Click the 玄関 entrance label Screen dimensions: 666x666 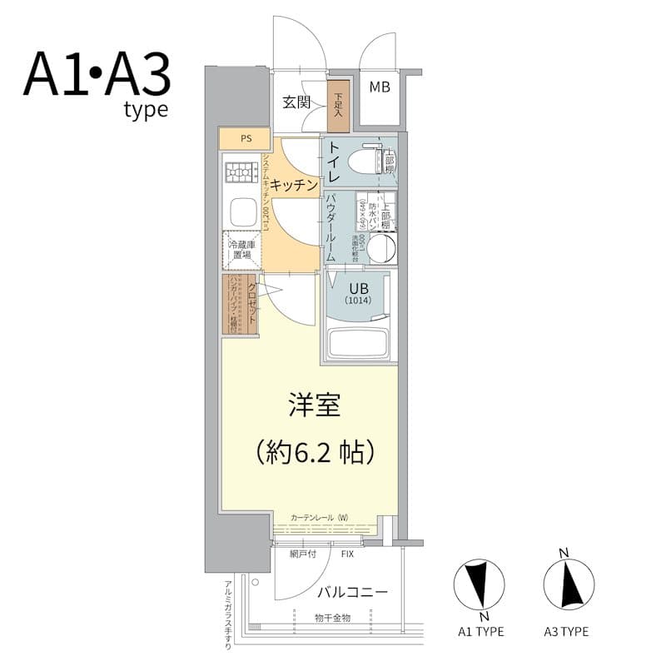(296, 102)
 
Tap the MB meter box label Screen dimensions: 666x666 (379, 87)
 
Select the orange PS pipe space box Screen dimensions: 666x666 (245, 138)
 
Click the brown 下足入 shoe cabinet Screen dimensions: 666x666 (338, 105)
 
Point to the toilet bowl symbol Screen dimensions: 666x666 (367, 159)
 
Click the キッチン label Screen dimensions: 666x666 (294, 185)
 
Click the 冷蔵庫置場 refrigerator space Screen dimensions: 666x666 (242, 250)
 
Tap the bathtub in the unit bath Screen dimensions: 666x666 (359, 342)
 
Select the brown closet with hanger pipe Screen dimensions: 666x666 (241, 303)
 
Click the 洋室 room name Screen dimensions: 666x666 (314, 407)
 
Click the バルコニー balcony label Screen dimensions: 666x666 (352, 592)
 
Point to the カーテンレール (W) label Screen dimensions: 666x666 (319, 518)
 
